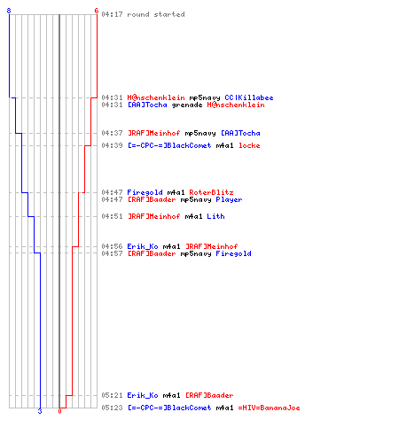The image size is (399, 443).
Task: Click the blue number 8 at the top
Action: coord(9,11)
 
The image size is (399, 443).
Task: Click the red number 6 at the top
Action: coord(96,11)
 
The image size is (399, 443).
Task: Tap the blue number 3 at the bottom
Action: coord(40,411)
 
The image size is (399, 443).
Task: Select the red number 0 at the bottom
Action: coord(59,411)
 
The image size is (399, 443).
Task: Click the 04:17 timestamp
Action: coord(112,14)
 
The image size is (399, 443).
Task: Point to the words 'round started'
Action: coord(156,14)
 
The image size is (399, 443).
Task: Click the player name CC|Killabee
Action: coord(249,97)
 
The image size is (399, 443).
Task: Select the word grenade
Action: coord(187,105)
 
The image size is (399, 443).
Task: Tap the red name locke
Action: coord(249,145)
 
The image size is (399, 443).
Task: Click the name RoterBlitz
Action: coord(211,192)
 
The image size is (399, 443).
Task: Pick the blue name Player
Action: coord(229,199)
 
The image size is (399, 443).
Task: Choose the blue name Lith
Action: coord(215,216)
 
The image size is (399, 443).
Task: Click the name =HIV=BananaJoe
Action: coord(269,408)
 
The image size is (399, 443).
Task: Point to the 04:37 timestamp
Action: coord(112,133)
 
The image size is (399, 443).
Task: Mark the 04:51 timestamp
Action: coord(112,216)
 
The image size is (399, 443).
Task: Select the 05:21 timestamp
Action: coord(112,395)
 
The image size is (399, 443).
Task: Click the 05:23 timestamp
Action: coord(112,408)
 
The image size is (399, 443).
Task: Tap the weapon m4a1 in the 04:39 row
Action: coord(224,145)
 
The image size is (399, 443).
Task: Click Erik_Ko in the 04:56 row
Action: coord(143,246)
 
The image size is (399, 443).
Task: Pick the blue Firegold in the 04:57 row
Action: coord(233,253)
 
